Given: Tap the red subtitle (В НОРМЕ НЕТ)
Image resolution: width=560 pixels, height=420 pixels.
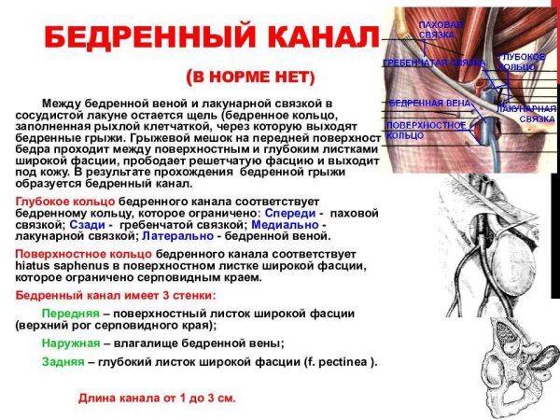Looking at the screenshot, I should click(x=251, y=76).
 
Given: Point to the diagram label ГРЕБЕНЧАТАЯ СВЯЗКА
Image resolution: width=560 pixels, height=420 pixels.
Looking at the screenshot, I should click(x=434, y=63).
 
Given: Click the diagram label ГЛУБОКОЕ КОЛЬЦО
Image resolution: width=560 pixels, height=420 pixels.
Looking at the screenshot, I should click(x=516, y=62).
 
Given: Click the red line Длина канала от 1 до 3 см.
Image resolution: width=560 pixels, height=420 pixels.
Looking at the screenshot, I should click(x=157, y=398).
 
